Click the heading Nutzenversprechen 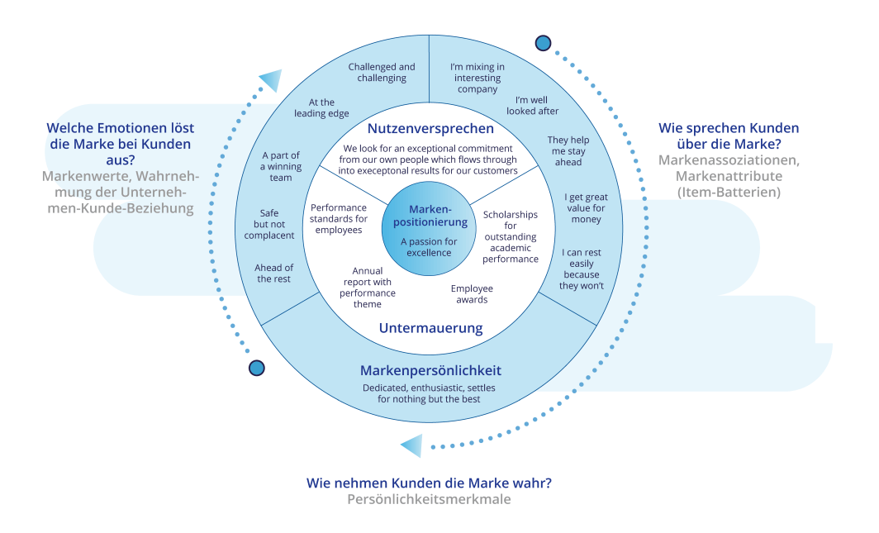coord(430,129)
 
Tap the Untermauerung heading coord(430,328)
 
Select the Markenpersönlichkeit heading coord(430,370)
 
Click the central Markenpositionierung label coord(430,216)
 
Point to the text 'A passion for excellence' coord(429,247)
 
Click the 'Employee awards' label coord(472,294)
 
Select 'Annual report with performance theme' coord(367,288)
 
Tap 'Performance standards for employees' coord(339,219)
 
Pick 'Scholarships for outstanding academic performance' coord(511,236)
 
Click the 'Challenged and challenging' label coord(382,72)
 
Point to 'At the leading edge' coord(321,107)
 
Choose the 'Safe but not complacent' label coord(269,224)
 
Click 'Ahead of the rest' coord(273,273)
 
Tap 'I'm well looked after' coord(532,106)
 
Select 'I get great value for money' coord(586,208)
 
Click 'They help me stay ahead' coord(568,150)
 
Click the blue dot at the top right coord(543,43)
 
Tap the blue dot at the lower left coord(257,369)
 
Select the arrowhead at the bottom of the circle coord(411,446)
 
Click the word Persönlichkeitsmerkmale coord(429,499)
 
